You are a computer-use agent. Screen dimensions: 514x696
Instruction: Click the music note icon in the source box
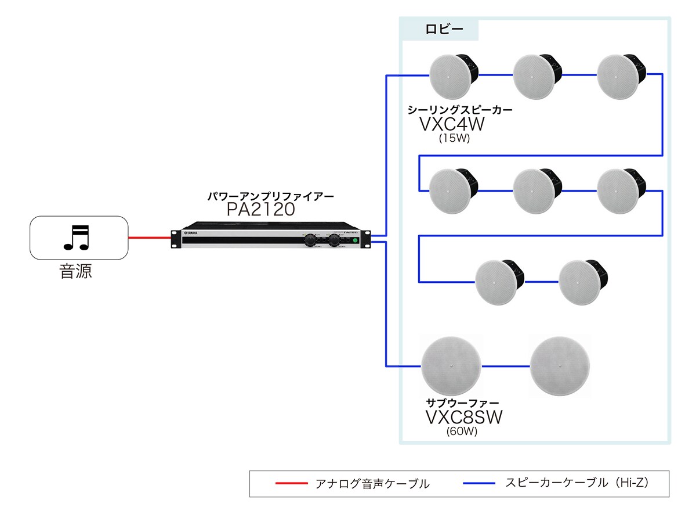tap(76, 237)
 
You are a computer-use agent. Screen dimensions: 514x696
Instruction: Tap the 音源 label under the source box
tap(76, 271)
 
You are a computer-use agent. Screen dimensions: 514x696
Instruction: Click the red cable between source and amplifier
tap(149, 238)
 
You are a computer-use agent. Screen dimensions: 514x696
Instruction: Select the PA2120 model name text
tap(261, 210)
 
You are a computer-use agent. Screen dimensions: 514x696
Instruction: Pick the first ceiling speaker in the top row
tap(452, 76)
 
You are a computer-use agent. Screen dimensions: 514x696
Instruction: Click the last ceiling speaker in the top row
tap(619, 76)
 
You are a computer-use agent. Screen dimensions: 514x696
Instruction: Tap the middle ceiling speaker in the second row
tap(535, 190)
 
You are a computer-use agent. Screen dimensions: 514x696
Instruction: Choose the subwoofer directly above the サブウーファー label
tap(452, 366)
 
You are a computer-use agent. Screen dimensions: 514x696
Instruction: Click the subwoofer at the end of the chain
tap(559, 366)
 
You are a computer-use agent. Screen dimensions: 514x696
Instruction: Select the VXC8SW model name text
tap(463, 417)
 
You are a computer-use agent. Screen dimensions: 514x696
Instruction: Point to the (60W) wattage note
tap(462, 432)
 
